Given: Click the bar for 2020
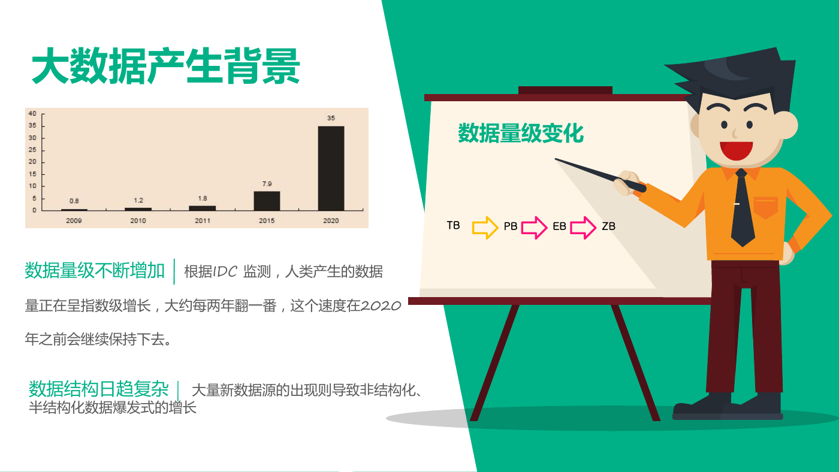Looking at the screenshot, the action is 331,168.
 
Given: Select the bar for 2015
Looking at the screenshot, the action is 267,201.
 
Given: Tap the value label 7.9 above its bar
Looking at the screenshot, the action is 267,184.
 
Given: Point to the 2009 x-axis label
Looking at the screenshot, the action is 74,220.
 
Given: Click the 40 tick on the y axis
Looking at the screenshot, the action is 32,113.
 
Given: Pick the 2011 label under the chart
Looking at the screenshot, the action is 203,220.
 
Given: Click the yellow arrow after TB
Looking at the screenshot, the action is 485,227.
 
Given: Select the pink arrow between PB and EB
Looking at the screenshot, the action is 534,227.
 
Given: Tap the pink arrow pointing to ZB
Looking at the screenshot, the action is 583,227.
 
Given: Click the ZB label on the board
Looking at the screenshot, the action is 609,226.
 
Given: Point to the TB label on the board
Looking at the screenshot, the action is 453,225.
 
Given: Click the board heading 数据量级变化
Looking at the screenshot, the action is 521,133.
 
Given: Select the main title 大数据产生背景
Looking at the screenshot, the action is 165,66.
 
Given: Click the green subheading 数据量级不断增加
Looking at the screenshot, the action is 95,270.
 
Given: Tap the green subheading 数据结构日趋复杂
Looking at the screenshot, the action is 98,389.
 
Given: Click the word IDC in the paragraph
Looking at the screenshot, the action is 225,272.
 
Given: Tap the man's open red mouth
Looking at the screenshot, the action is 736,150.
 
